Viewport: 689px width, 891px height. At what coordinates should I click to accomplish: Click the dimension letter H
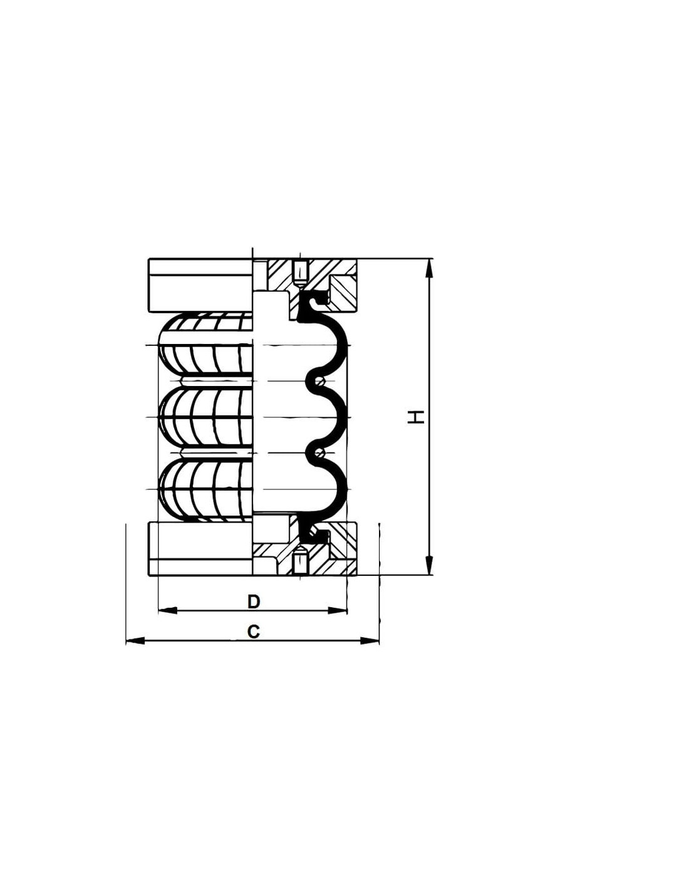(417, 417)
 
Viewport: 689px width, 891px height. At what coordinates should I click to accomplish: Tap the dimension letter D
(254, 602)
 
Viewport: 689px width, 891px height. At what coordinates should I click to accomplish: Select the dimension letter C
(254, 632)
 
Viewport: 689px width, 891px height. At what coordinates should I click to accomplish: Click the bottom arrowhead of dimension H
(428, 565)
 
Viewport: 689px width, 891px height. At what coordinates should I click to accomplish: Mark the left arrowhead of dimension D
(167, 610)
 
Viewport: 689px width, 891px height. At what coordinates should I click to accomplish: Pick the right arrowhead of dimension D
(338, 610)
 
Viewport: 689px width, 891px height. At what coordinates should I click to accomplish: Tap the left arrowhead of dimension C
(135, 640)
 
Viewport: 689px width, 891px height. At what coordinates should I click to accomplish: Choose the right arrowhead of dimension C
(370, 640)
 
